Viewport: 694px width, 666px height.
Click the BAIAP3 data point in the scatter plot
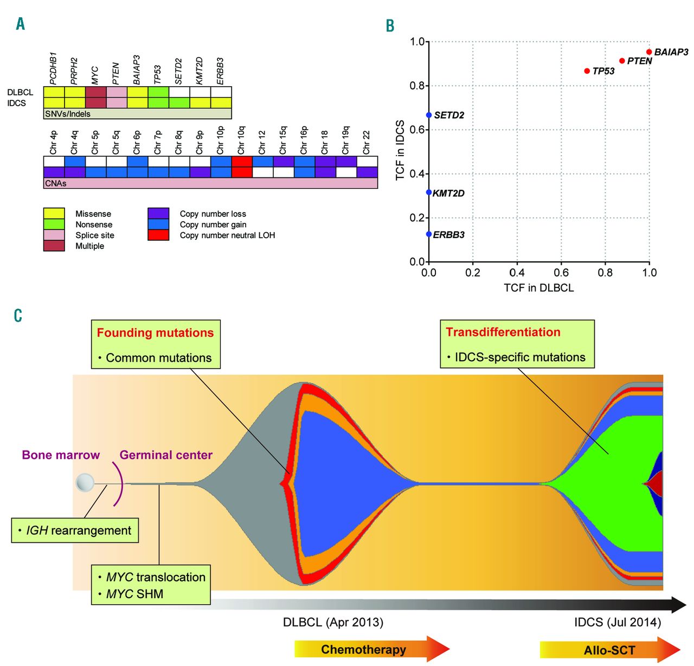click(649, 52)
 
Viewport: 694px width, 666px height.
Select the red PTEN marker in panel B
click(622, 61)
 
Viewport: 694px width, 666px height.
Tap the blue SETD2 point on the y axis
click(429, 115)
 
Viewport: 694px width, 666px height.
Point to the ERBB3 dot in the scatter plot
click(429, 234)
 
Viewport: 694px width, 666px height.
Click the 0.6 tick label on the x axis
click(561, 272)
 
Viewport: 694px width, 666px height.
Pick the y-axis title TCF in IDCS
click(400, 150)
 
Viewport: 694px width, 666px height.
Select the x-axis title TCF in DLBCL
click(538, 288)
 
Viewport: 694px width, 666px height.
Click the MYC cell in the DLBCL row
click(95, 92)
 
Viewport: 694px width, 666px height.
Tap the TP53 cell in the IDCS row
click(158, 103)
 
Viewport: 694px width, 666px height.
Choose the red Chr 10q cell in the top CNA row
click(242, 162)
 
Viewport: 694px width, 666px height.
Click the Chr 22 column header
click(367, 142)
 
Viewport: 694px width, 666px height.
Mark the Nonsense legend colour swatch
click(54, 225)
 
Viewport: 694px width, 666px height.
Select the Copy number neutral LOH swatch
click(158, 235)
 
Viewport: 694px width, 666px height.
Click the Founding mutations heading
click(155, 333)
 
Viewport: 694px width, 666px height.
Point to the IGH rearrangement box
click(75, 530)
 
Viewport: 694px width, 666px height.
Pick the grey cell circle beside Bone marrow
click(85, 482)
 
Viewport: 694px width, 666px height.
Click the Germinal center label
click(166, 455)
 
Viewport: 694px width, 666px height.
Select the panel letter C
click(18, 316)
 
